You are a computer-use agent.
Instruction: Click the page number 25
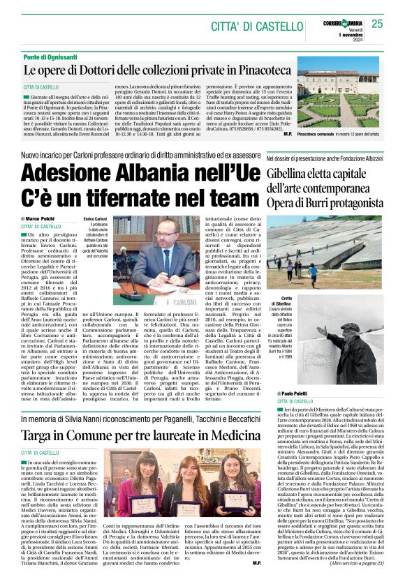pyautogui.click(x=377, y=24)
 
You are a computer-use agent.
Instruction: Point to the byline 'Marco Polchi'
pyautogui.click(x=46, y=218)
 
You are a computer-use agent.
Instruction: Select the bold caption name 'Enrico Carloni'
pyautogui.click(x=94, y=219)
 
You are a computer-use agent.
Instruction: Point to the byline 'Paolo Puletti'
pyautogui.click(x=293, y=394)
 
